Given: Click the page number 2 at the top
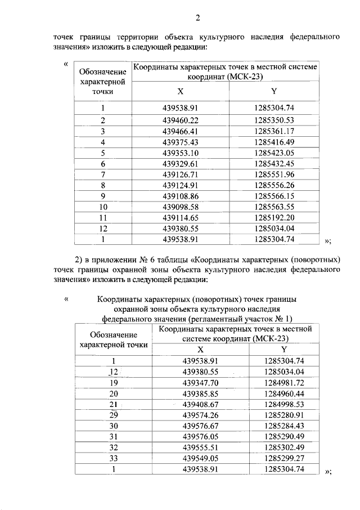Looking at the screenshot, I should coord(197,16).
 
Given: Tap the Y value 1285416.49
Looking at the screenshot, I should coord(274,141).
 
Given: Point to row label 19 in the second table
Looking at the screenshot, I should coord(114,382).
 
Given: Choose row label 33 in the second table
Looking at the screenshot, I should coord(114,458).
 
